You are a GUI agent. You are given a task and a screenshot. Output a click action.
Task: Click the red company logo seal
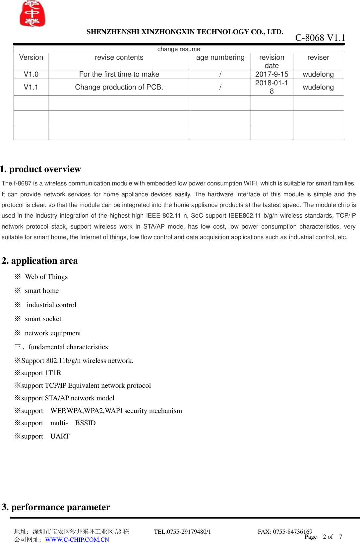click(32, 14)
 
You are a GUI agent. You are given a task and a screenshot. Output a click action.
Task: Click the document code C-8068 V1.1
click(320, 38)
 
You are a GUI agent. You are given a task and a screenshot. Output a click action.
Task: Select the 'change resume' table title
click(179, 49)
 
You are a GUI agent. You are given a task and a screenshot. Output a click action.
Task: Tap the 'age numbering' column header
click(220, 57)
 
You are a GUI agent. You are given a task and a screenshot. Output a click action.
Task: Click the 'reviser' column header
click(318, 57)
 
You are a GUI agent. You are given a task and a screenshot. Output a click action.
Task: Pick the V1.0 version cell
click(31, 74)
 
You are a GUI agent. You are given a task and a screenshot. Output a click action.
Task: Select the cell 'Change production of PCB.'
click(119, 87)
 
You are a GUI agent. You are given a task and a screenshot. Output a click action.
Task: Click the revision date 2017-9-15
click(271, 74)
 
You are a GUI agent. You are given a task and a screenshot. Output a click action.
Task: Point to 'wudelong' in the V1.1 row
click(318, 87)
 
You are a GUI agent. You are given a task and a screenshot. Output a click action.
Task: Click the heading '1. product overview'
click(41, 169)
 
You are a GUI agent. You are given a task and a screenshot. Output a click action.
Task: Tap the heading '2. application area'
click(40, 261)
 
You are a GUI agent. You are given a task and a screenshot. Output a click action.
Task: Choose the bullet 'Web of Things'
click(46, 277)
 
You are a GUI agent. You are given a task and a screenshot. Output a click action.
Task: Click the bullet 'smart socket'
click(43, 319)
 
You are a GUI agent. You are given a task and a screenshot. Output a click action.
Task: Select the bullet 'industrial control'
click(51, 305)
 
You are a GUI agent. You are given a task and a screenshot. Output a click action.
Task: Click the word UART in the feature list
click(60, 436)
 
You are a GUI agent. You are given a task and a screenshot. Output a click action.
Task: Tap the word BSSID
click(85, 423)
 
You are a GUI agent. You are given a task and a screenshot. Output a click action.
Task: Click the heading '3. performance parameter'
click(56, 507)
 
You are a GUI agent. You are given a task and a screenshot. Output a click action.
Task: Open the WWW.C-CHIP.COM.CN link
click(77, 540)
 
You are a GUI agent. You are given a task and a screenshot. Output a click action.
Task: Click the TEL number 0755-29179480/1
click(188, 532)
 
